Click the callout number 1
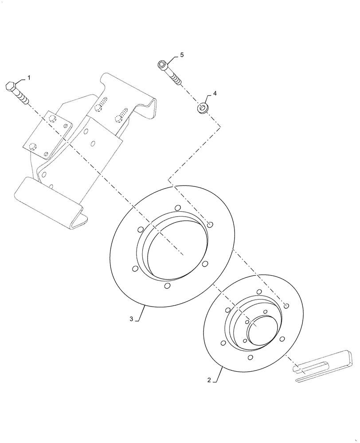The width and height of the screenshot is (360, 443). pos(29,78)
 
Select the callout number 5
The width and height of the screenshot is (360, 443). pos(181,54)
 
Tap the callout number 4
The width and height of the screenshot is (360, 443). pos(215,93)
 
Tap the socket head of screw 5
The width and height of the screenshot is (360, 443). pos(162,66)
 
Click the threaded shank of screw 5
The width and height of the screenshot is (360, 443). pos(173,78)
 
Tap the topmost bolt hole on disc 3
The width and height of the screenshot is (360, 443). pos(177,208)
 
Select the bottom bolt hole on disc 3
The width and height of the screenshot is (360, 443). pos(167,286)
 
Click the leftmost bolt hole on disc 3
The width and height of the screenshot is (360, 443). pos(133,268)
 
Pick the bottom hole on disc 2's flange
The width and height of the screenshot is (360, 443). pos(250,358)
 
